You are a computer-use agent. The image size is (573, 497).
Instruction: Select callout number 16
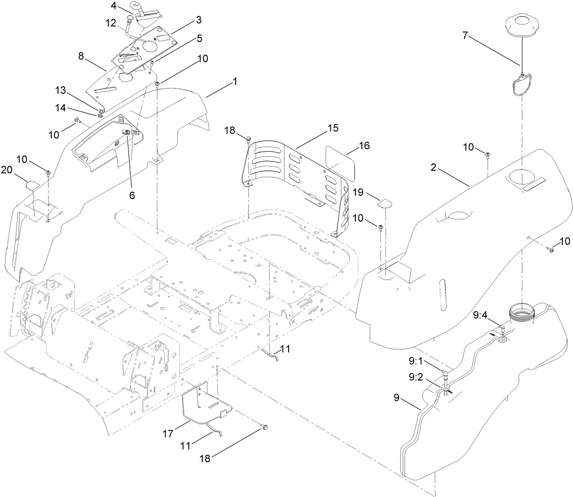[365, 146]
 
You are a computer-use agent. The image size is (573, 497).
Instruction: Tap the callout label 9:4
[480, 316]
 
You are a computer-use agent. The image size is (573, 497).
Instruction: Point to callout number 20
[6, 170]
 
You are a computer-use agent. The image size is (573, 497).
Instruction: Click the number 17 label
[167, 434]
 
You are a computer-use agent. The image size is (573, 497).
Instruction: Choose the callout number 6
[132, 195]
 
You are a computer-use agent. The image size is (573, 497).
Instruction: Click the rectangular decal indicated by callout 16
[341, 163]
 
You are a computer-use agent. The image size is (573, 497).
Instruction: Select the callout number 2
[433, 168]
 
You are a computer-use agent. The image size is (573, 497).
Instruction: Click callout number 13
[61, 90]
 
